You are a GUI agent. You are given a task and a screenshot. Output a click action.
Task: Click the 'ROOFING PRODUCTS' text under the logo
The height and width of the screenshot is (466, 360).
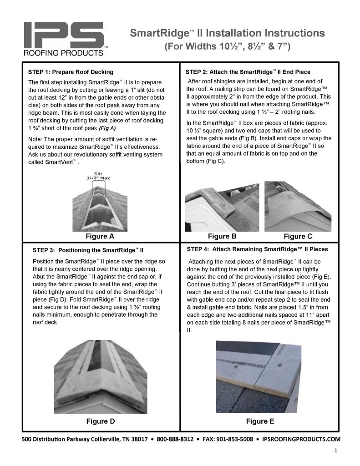(x=63, y=53)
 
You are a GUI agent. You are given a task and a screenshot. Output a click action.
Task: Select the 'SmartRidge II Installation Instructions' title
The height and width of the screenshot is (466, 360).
(x=227, y=33)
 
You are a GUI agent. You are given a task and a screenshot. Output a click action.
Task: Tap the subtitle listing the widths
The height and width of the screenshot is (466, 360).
(x=227, y=46)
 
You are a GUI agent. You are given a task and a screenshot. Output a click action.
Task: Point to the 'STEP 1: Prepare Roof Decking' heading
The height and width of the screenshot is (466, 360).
(x=71, y=72)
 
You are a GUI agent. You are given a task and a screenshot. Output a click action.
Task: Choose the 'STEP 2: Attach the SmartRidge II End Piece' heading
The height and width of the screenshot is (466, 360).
(x=248, y=72)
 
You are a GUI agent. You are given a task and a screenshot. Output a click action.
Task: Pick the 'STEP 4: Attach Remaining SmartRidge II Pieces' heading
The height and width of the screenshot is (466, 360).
(x=257, y=249)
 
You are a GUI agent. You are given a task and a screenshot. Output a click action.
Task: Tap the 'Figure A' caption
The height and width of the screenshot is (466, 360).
(x=100, y=236)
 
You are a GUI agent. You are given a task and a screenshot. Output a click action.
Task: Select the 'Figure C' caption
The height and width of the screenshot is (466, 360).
(x=298, y=236)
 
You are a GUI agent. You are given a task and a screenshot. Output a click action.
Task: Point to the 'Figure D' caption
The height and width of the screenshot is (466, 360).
(x=101, y=421)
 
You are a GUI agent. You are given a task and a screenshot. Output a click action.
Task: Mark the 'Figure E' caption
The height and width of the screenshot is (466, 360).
(x=257, y=421)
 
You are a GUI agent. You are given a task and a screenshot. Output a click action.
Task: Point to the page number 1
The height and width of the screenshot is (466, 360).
(x=335, y=451)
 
